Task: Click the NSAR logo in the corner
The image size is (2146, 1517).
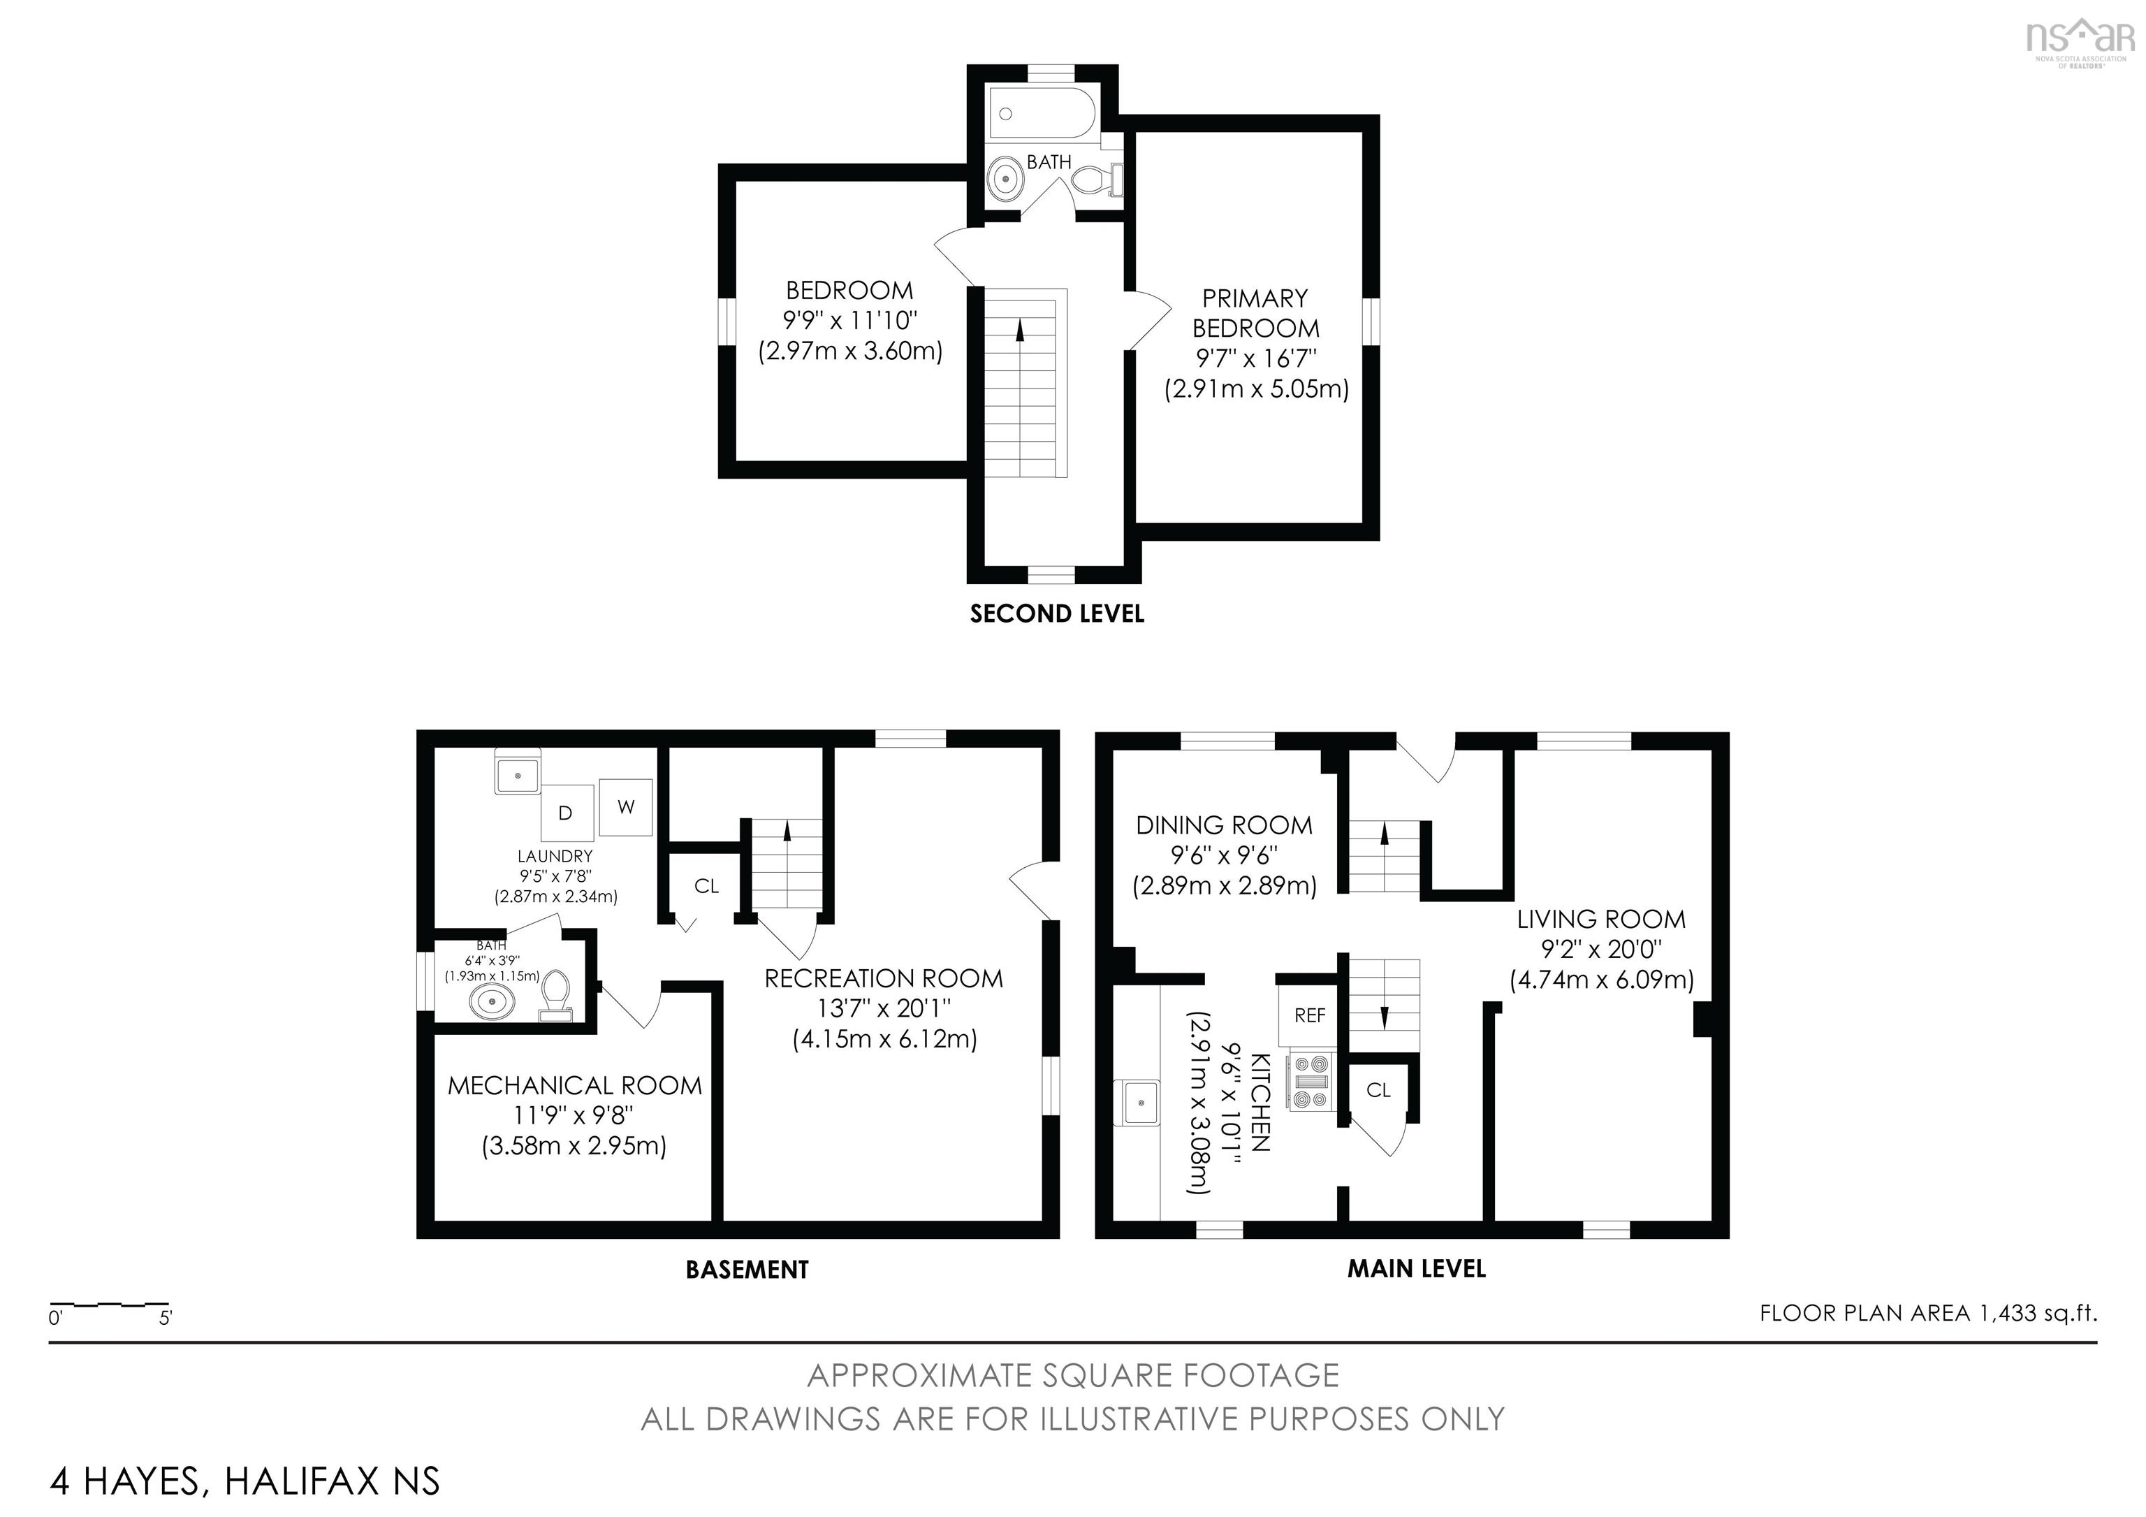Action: coord(2080,39)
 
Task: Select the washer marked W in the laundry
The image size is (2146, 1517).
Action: coord(625,806)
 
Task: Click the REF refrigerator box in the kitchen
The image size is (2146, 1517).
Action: coord(1310,1016)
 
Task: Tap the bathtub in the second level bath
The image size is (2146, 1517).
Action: coord(1043,113)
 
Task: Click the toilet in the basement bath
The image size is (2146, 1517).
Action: coord(556,994)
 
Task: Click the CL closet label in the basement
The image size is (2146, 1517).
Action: coord(707,886)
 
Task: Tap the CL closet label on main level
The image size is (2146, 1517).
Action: coord(1379,1090)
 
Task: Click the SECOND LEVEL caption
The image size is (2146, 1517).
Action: coord(1056,614)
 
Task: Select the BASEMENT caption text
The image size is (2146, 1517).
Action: coord(747,1270)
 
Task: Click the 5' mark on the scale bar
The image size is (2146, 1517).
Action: coord(166,1319)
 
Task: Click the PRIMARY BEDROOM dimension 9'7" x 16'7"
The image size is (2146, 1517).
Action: coord(1256,358)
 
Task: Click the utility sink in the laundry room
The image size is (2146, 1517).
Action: coord(517,775)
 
